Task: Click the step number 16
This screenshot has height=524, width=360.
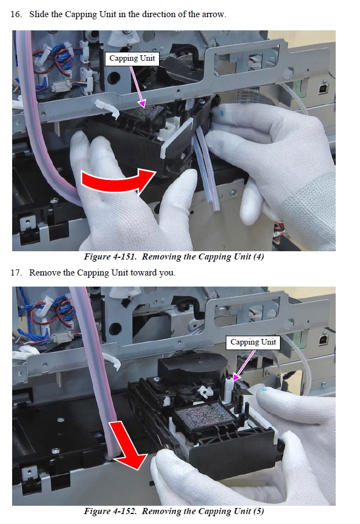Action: (16, 14)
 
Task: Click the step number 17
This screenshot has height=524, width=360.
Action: (16, 273)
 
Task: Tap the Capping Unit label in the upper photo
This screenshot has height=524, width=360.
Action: (132, 59)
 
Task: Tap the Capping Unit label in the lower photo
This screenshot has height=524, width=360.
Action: (253, 342)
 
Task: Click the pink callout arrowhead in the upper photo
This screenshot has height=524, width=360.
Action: (142, 104)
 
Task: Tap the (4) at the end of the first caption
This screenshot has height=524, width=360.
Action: (258, 257)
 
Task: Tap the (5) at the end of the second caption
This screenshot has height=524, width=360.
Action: (258, 511)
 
